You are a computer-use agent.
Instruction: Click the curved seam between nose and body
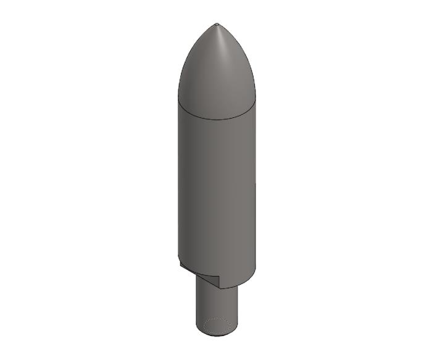pos(216,116)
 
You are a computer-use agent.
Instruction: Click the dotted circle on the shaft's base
pos(217,325)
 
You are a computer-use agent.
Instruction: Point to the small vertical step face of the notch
pos(219,281)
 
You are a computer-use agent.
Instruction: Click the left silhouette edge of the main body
pos(178,185)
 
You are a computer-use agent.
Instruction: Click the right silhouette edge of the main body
pos(255,185)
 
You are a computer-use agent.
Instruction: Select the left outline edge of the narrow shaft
pos(197,306)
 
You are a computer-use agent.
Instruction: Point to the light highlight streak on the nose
pos(220,49)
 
